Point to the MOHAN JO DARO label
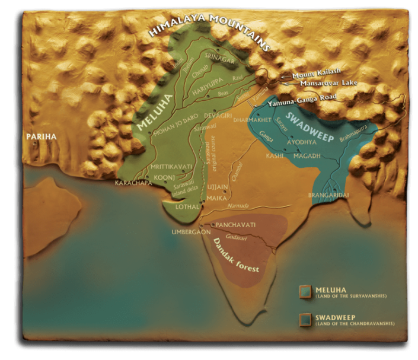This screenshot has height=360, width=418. (174, 133)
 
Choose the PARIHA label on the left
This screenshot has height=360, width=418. (40, 136)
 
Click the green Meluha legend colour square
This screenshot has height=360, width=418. (305, 291)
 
